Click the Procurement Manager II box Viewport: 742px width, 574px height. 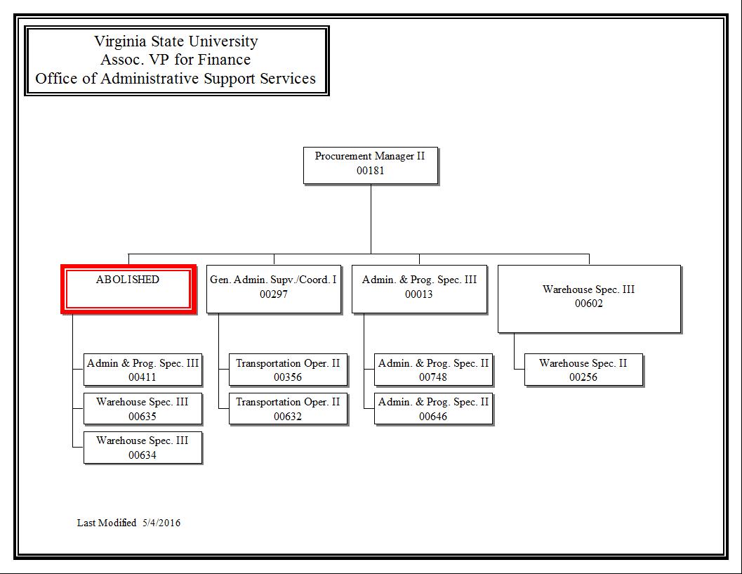[x=371, y=165]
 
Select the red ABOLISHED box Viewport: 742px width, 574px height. [x=128, y=289]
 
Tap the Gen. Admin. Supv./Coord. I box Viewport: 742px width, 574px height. [x=274, y=289]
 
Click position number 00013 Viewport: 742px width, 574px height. [x=419, y=294]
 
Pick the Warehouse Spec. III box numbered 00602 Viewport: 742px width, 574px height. [x=589, y=299]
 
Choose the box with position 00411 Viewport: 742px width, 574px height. [x=143, y=370]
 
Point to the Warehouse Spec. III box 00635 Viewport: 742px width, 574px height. [x=143, y=408]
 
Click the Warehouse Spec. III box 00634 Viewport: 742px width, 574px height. [x=143, y=447]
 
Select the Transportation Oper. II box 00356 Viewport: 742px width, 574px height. [x=288, y=370]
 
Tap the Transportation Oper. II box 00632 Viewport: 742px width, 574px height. [x=288, y=408]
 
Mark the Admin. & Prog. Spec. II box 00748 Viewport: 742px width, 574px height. [x=433, y=370]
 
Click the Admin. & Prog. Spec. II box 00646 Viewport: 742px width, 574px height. [x=433, y=408]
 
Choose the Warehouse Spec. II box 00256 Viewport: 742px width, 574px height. [x=583, y=370]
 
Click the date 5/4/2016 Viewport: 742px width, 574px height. [x=161, y=523]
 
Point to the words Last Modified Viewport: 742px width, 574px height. [x=107, y=523]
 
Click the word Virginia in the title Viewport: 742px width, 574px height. [x=120, y=41]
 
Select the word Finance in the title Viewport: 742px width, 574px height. [x=224, y=60]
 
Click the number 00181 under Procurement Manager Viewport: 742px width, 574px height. [x=371, y=171]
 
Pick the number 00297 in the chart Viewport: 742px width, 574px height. [x=274, y=294]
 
